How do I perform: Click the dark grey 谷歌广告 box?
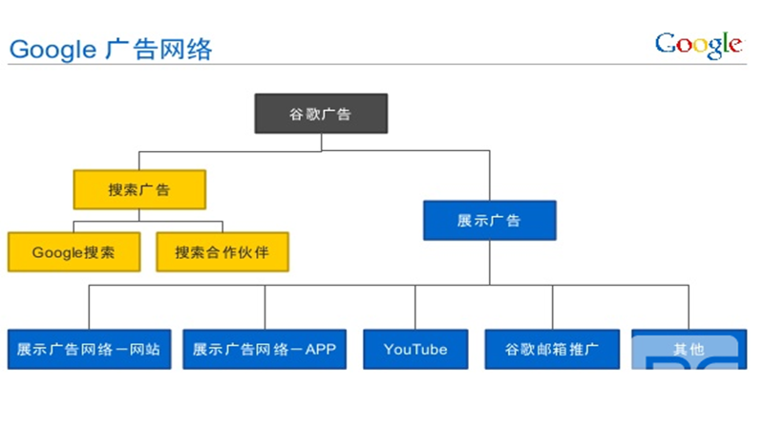pyautogui.click(x=321, y=114)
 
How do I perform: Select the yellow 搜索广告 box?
pyautogui.click(x=139, y=190)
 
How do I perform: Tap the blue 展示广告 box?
pyautogui.click(x=489, y=221)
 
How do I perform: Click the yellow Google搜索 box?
pyautogui.click(x=74, y=252)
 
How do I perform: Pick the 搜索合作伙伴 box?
pyautogui.click(x=222, y=252)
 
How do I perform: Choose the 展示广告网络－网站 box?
pyautogui.click(x=88, y=350)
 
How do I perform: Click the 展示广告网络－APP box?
pyautogui.click(x=265, y=350)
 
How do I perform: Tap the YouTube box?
pyautogui.click(x=415, y=350)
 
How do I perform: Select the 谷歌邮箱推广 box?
pyautogui.click(x=552, y=350)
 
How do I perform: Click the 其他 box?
pyautogui.click(x=688, y=350)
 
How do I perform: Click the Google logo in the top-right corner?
pyautogui.click(x=698, y=44)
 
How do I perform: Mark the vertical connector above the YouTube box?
pyautogui.click(x=415, y=307)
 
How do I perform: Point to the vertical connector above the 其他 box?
pyautogui.click(x=688, y=307)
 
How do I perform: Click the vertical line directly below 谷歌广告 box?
pyautogui.click(x=321, y=141)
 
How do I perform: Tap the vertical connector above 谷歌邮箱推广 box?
pyautogui.click(x=552, y=307)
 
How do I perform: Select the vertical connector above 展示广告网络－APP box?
pyautogui.click(x=265, y=307)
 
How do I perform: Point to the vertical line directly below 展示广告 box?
pyautogui.click(x=489, y=261)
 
